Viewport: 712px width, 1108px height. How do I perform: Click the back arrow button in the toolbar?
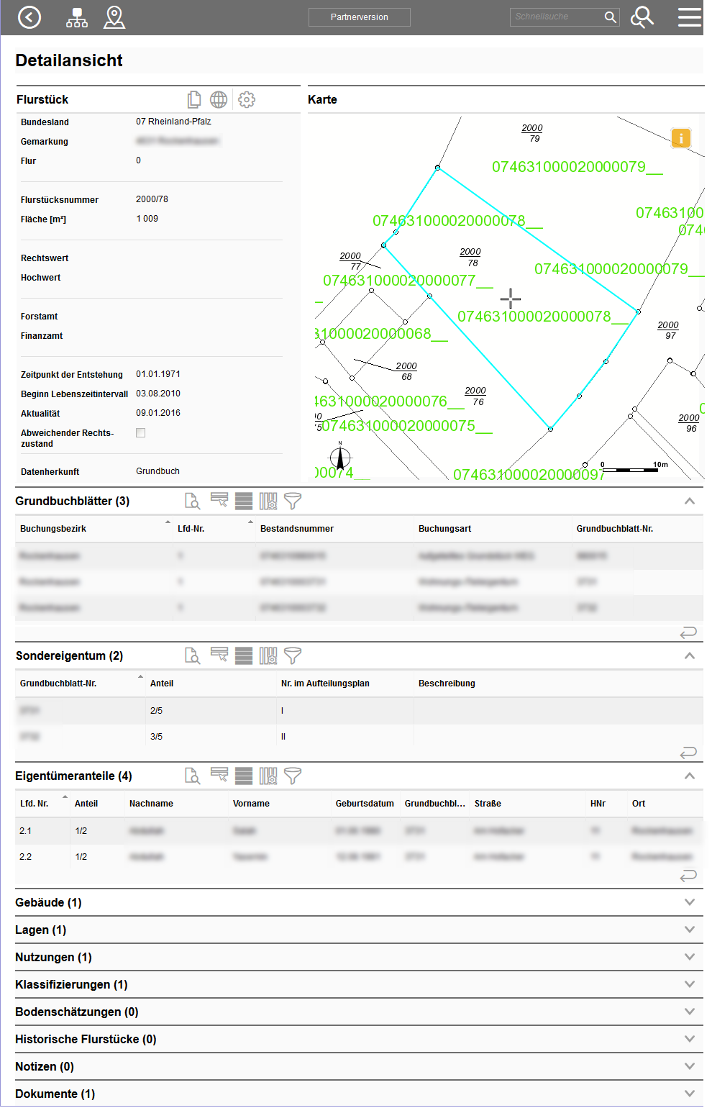point(29,17)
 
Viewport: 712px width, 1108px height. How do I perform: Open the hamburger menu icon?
point(689,17)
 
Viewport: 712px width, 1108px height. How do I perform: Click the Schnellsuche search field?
point(557,17)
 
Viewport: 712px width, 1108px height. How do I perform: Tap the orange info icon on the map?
point(680,138)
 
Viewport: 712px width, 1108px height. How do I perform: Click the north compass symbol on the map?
point(340,458)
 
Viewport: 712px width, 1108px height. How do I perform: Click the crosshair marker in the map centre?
point(511,298)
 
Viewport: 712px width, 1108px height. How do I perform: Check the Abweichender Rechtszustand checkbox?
point(141,433)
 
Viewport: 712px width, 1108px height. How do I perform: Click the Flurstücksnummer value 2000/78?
point(152,199)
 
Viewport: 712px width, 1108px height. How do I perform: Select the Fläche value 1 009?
point(147,219)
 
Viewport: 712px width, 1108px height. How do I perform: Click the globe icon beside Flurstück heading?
point(219,100)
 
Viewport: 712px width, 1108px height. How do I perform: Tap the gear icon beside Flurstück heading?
point(247,100)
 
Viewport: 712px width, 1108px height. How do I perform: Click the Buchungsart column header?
point(444,529)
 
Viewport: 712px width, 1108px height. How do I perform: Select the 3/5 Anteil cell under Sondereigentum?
point(156,737)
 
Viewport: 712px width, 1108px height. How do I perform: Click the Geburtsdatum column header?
point(365,804)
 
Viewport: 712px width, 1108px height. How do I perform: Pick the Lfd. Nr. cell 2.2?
point(26,857)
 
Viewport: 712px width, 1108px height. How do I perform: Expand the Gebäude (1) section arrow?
point(689,902)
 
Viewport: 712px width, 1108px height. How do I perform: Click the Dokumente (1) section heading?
point(55,1094)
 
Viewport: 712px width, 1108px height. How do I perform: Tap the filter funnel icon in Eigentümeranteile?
point(293,776)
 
